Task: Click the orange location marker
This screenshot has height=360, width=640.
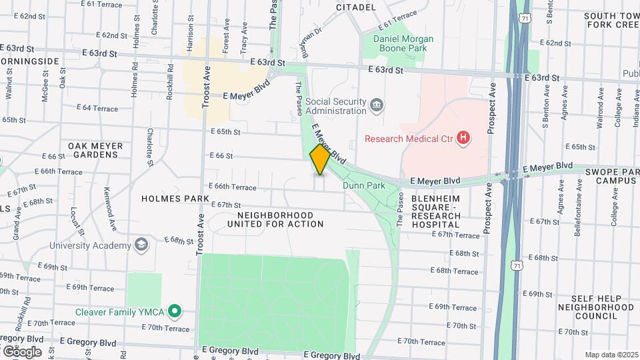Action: [x=320, y=159]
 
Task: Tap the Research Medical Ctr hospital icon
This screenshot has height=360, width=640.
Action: [x=463, y=139]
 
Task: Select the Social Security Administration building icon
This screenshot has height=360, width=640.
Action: [x=377, y=105]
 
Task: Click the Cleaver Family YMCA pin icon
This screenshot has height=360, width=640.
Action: [x=175, y=311]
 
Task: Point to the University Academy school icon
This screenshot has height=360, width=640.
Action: [x=141, y=245]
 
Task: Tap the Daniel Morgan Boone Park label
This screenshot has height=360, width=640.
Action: [x=403, y=44]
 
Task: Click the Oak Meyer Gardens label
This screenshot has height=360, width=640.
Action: [x=95, y=150]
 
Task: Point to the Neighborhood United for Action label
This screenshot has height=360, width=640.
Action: [x=275, y=219]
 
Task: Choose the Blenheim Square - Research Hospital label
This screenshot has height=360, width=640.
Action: [x=436, y=211]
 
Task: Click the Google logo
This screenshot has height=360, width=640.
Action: [x=21, y=351]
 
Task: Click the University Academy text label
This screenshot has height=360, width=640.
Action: [x=91, y=245]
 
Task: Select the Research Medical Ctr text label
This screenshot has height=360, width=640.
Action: [x=409, y=139]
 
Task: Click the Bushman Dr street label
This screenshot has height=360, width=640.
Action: [x=311, y=41]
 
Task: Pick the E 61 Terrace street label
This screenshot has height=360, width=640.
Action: [x=397, y=19]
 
